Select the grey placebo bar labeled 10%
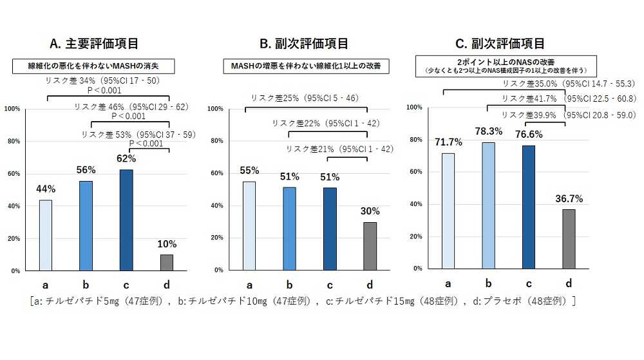coord(167,263)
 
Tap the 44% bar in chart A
coord(46,235)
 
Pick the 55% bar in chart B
coord(249,225)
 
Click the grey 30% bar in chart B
coord(370,246)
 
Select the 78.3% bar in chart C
coord(489,205)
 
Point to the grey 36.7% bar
coord(569,238)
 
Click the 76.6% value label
coord(528,134)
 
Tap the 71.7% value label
coord(448,142)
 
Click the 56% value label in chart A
coord(86,170)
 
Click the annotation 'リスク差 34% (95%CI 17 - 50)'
coord(102,81)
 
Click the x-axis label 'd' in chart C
coord(568,283)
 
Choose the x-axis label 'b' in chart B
coord(289,285)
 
